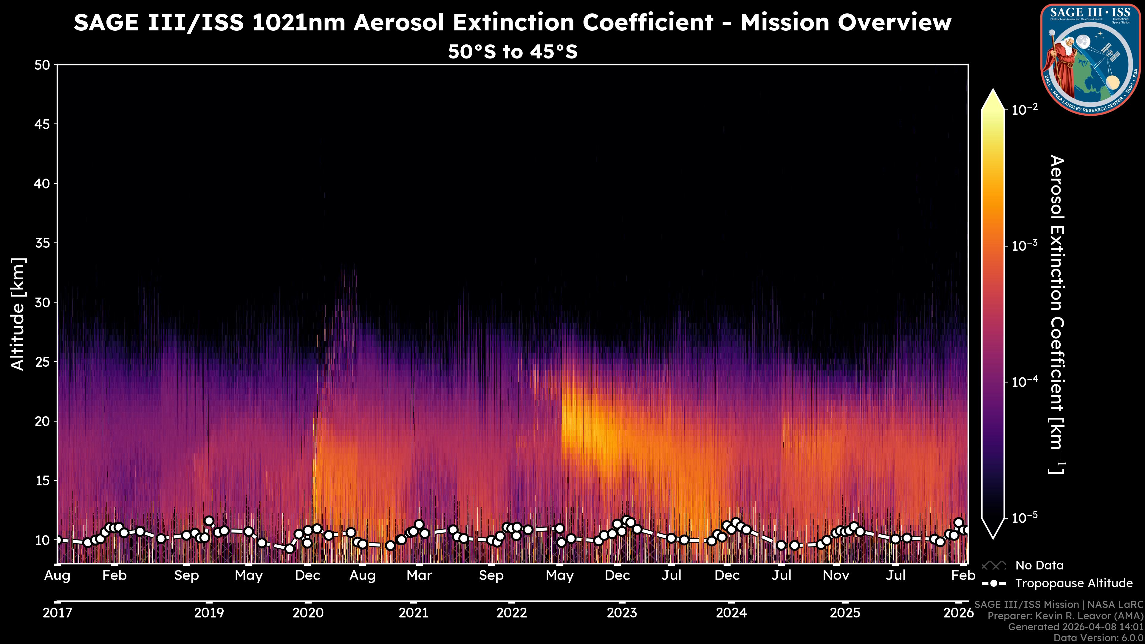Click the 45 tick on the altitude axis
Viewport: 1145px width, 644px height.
pos(42,124)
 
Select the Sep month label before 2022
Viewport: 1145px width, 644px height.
pos(491,575)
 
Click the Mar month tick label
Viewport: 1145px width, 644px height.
pos(419,575)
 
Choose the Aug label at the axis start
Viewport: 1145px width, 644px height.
pos(57,575)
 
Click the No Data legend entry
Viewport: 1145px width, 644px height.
pos(1039,565)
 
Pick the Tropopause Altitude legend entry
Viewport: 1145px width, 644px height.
pos(1073,583)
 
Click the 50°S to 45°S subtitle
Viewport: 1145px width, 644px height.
pos(513,52)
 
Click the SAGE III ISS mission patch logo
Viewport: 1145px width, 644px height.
pos(1090,60)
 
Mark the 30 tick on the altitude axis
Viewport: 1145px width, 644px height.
pos(42,302)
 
